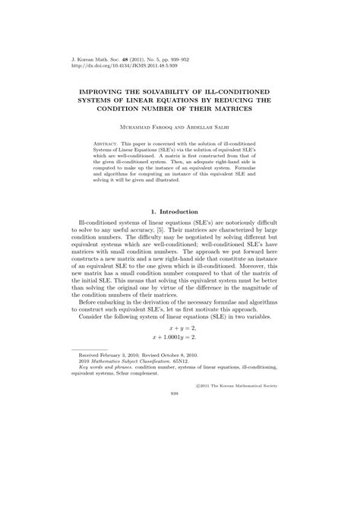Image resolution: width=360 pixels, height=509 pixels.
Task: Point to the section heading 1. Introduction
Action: [179, 211]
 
